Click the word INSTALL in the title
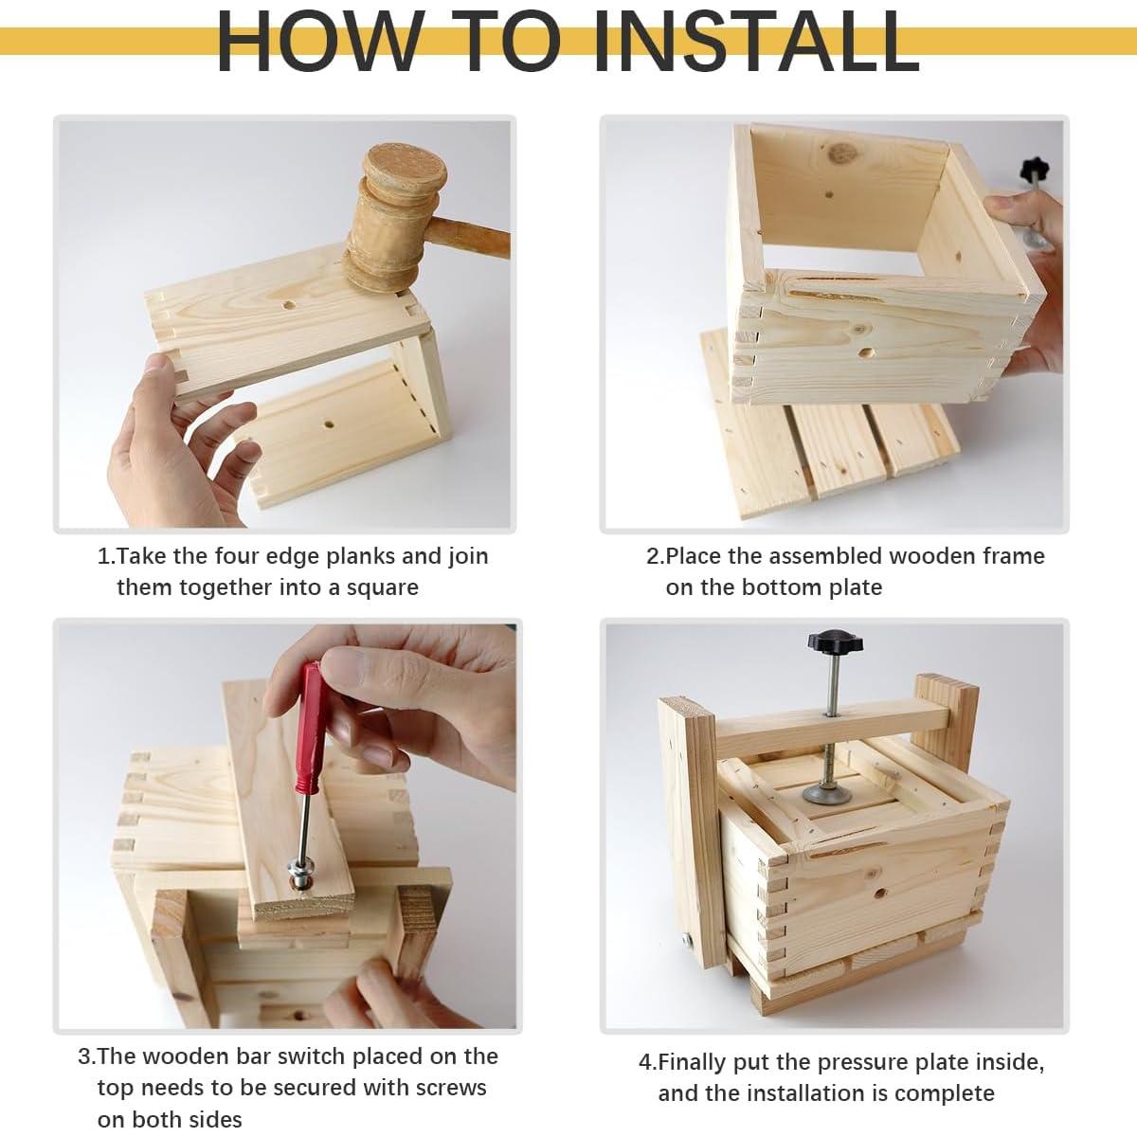(x=756, y=41)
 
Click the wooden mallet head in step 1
(x=395, y=217)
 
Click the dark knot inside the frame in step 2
(x=840, y=153)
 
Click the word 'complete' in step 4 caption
(x=944, y=1093)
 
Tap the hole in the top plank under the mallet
(x=289, y=306)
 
